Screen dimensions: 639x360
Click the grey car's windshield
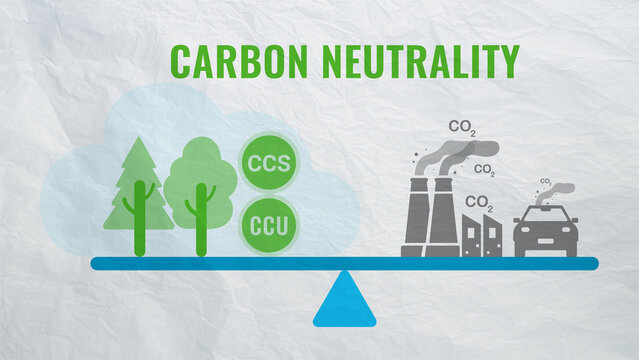[x=546, y=219]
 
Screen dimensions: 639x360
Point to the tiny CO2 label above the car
[x=546, y=182]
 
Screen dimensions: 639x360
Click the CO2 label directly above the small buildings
[x=479, y=203]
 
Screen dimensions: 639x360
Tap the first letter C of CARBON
[x=181, y=61]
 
